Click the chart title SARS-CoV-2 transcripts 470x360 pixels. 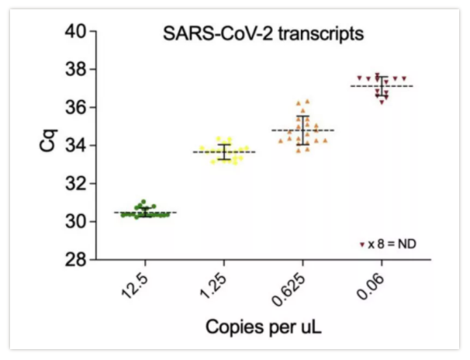[x=264, y=34]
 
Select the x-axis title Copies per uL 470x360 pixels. [x=264, y=327]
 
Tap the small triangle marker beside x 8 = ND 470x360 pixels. [x=362, y=244]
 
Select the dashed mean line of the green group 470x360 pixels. [x=128, y=212]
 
